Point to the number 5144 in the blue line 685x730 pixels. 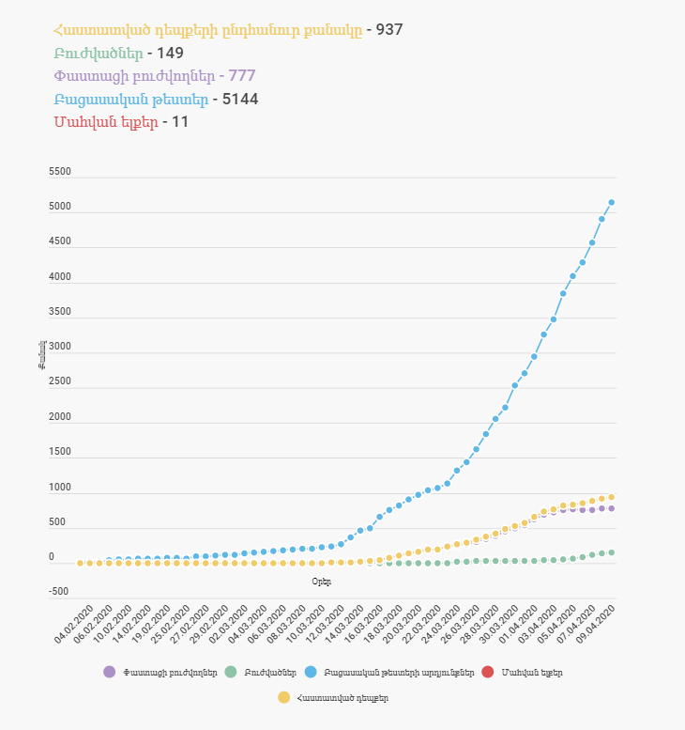click(240, 99)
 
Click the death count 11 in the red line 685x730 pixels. click(180, 121)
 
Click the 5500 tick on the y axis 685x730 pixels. click(59, 172)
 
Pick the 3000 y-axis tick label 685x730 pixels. click(59, 347)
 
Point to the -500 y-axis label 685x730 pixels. click(59, 592)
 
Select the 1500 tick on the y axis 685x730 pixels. click(59, 452)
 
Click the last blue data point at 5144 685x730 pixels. click(612, 202)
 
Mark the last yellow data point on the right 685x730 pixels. click(612, 497)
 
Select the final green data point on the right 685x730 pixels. click(612, 552)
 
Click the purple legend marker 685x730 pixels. click(111, 672)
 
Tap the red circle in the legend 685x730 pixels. click(487, 672)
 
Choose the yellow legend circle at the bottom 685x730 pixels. click(283, 697)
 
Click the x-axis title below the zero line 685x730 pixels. click(321, 582)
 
